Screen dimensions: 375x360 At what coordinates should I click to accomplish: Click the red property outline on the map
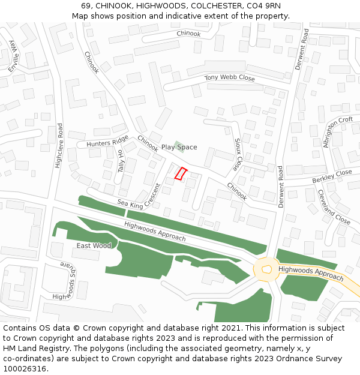click(181, 173)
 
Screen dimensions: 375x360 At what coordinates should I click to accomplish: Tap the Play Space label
click(179, 147)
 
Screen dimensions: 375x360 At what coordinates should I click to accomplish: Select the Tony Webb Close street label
click(229, 78)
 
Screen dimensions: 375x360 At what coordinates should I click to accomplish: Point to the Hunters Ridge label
click(107, 141)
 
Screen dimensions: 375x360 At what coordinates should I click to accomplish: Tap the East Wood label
click(94, 246)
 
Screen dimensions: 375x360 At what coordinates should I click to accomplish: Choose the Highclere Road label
click(59, 145)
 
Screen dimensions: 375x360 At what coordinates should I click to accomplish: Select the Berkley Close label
click(332, 176)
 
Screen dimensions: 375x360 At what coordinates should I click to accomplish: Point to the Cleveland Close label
click(334, 207)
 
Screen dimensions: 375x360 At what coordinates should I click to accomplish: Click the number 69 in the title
click(86, 6)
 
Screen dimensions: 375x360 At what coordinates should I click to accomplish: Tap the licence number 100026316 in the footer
click(25, 368)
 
